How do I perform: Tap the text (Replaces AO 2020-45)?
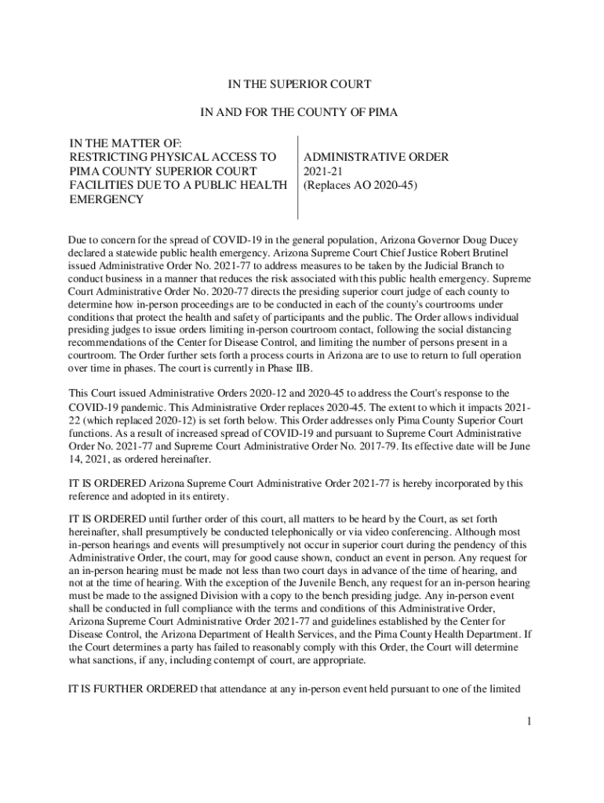360,185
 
